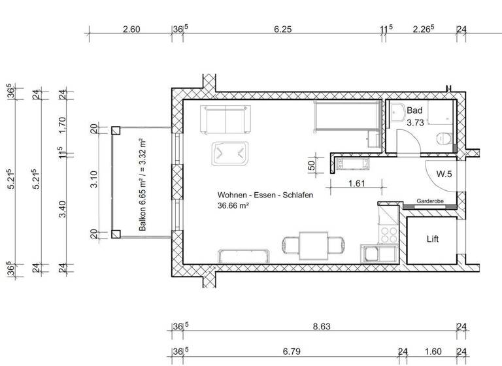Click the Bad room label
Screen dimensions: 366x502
pyautogui.click(x=414, y=111)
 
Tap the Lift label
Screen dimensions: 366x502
pyautogui.click(x=432, y=239)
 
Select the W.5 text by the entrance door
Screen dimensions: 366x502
pyautogui.click(x=444, y=174)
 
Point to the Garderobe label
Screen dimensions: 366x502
pyautogui.click(x=428, y=202)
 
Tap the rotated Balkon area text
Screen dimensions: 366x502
pyautogui.click(x=142, y=184)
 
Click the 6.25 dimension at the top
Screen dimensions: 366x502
pyautogui.click(x=282, y=29)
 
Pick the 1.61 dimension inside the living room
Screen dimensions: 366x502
pyautogui.click(x=356, y=184)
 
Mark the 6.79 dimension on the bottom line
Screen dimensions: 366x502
pyautogui.click(x=292, y=352)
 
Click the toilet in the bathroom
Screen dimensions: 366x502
pyautogui.click(x=444, y=137)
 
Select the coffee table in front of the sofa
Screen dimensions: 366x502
pyautogui.click(x=230, y=154)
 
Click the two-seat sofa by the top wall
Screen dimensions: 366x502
pyautogui.click(x=225, y=117)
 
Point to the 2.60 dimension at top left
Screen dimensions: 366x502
pyautogui.click(x=131, y=29)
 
